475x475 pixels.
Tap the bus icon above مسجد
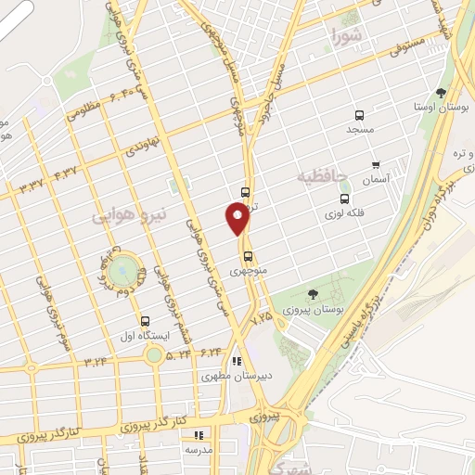pyautogui.click(x=359, y=115)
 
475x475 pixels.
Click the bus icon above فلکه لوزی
pyautogui.click(x=345, y=199)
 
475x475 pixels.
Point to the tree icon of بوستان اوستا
pyautogui.click(x=441, y=93)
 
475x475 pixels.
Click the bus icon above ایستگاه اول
pyautogui.click(x=143, y=320)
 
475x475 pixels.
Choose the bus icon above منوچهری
pyautogui.click(x=247, y=257)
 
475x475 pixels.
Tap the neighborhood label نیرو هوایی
pyautogui.click(x=131, y=215)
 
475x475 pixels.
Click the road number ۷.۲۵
pyautogui.click(x=263, y=317)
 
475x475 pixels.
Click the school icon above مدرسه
pyautogui.click(x=197, y=433)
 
